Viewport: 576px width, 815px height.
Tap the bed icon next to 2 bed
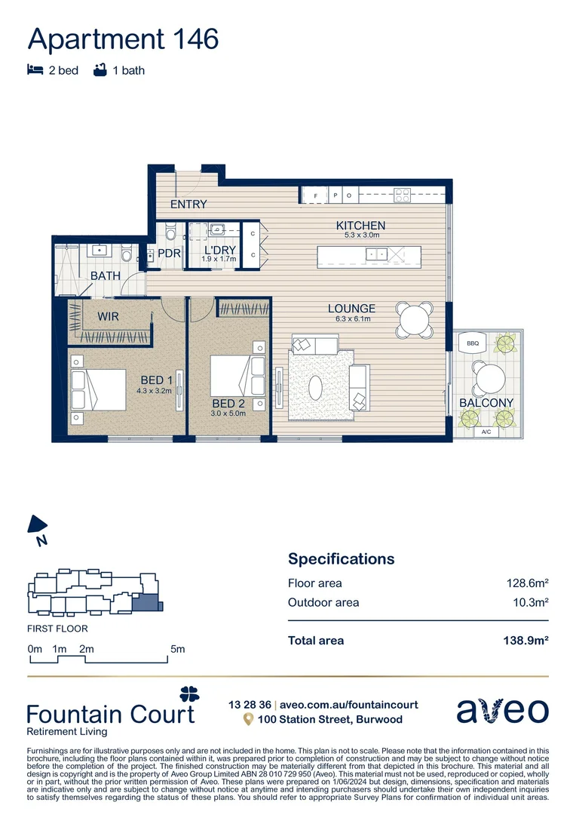35,70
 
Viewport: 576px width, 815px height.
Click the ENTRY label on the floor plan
188,205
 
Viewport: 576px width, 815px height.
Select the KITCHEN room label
360,226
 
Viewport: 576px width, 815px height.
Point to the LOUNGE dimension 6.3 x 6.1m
351,319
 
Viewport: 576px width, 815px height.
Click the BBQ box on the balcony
473,343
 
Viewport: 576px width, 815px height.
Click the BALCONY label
486,403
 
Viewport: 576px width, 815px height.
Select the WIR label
109,318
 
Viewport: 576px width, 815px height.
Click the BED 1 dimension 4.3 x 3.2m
155,391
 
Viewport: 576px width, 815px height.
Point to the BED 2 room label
228,404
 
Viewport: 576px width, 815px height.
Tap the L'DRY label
219,250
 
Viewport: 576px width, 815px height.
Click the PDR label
169,254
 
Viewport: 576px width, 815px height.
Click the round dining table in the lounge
416,319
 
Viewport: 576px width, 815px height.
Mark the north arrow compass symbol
36,525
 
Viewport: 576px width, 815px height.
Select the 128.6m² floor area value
526,583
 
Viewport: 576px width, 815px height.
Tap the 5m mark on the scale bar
177,649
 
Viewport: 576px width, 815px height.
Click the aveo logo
502,710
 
